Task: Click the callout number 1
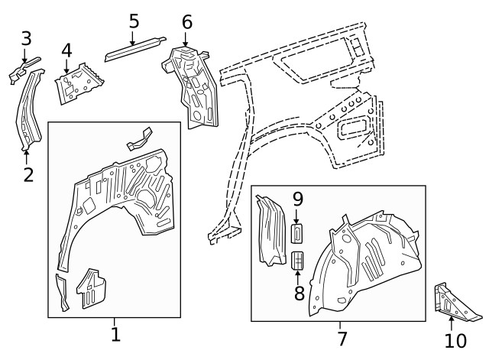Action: [115, 334]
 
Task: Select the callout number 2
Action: [28, 175]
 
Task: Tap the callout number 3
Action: [26, 37]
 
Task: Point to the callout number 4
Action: [66, 51]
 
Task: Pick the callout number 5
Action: [134, 21]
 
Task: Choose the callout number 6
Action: [187, 22]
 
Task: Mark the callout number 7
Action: [341, 338]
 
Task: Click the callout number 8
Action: [299, 292]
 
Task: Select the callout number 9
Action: [298, 200]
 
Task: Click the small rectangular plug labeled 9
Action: [298, 231]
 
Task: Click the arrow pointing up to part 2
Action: [28, 157]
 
